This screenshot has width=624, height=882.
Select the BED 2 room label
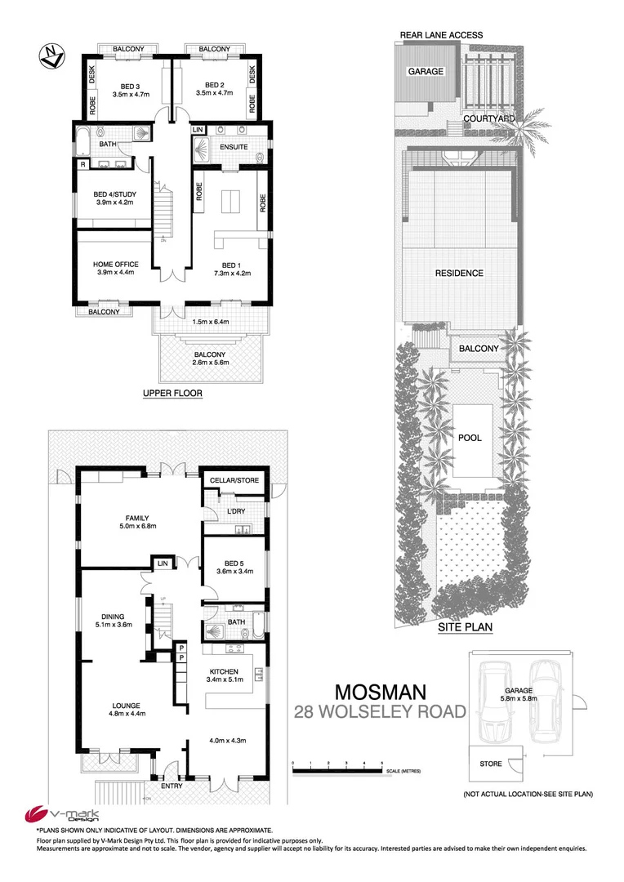(x=214, y=84)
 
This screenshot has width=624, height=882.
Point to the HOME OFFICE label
(x=115, y=264)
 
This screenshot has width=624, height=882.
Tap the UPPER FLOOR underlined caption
(x=172, y=393)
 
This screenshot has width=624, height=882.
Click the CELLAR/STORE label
(x=235, y=480)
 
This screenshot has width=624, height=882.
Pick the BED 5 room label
(x=233, y=562)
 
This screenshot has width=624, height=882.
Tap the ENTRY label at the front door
(x=172, y=786)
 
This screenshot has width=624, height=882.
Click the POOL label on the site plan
(x=469, y=438)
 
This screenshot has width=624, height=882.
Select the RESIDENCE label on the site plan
(x=459, y=274)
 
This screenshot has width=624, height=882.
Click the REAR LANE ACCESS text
(x=441, y=35)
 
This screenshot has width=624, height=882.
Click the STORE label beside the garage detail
(x=485, y=764)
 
